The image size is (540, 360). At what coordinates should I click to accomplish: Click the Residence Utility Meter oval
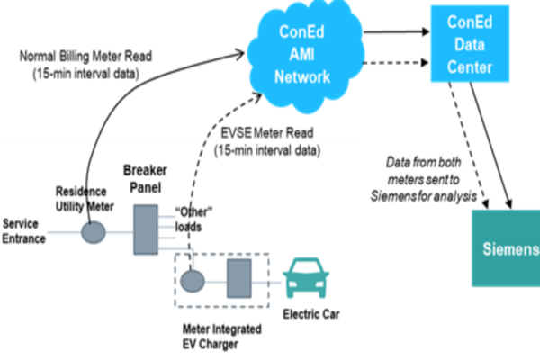94,232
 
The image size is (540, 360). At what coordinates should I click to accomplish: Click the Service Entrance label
24,231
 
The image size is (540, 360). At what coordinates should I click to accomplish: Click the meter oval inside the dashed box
192,281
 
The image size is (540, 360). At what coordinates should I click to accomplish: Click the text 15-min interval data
268,149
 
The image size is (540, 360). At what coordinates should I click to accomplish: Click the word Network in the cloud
302,77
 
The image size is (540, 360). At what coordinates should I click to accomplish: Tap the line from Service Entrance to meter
63,232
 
